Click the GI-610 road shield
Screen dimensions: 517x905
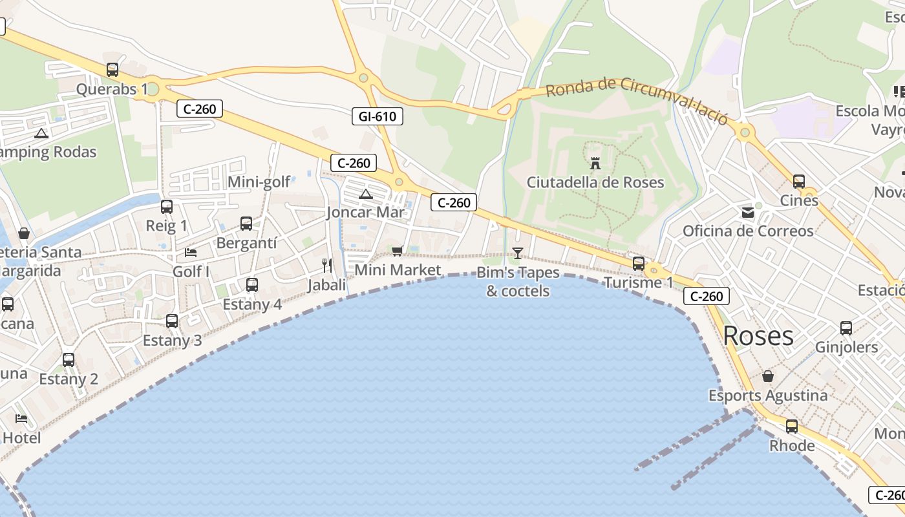[x=378, y=116]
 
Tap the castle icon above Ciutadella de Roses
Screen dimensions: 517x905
[x=595, y=163]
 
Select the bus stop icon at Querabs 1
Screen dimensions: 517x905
[x=112, y=70]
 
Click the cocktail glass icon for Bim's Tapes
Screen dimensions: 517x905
[x=517, y=253]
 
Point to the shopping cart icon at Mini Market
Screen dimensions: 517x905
[x=397, y=251]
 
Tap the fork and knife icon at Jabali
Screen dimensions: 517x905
[x=327, y=266]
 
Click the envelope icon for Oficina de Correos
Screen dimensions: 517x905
[x=748, y=212]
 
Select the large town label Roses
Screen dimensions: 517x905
[x=758, y=336]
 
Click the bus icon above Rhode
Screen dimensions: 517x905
[x=792, y=427]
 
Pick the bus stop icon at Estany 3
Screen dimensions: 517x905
[x=172, y=321]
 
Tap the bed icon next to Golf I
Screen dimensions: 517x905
[x=191, y=252]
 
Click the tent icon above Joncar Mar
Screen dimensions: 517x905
[x=366, y=194]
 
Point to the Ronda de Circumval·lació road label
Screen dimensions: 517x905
[x=637, y=100]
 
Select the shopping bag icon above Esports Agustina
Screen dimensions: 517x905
[x=768, y=376]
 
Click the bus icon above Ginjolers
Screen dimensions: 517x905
[x=846, y=328]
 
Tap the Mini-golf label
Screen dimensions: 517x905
[x=259, y=182]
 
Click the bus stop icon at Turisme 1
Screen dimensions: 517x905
[x=639, y=264]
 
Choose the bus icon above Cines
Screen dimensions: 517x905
[x=799, y=182]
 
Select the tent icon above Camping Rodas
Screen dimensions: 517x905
[x=42, y=134]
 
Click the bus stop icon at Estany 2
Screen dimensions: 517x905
[x=69, y=360]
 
